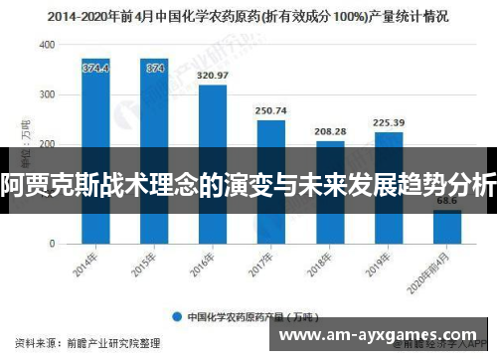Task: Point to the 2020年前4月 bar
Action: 446,226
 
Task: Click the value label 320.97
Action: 213,76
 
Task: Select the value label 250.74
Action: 271,110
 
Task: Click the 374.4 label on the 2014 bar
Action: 96,68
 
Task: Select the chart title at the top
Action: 248,16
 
